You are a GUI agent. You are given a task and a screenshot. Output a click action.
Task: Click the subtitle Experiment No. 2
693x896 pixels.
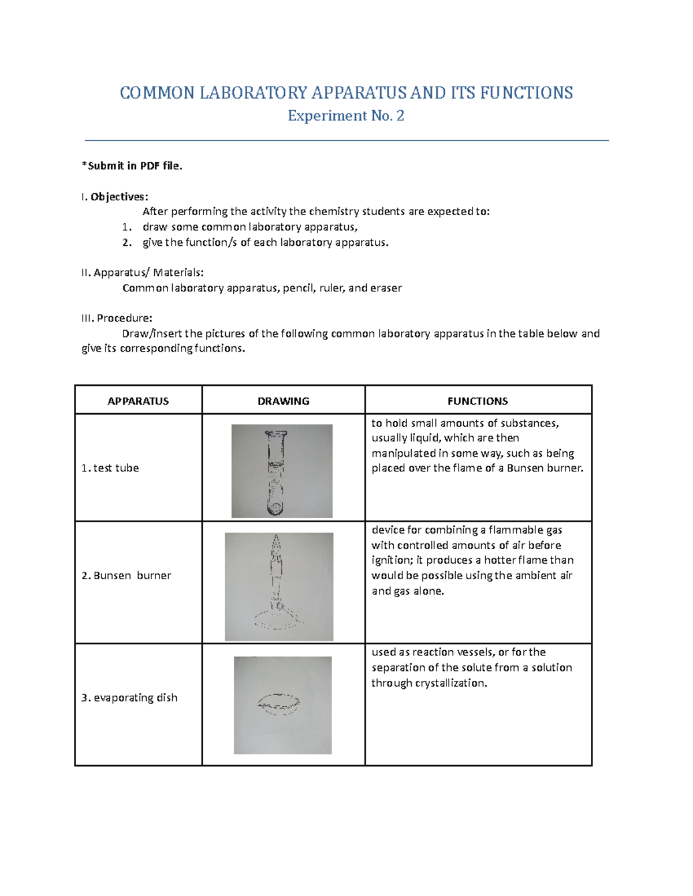[346, 116]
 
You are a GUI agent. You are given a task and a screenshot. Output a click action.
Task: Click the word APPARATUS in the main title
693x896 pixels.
[360, 93]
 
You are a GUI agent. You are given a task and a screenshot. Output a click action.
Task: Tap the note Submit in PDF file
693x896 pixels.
[132, 166]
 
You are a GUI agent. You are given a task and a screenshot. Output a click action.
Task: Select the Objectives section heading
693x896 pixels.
[115, 197]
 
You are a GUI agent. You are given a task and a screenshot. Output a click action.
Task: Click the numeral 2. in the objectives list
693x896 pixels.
[127, 242]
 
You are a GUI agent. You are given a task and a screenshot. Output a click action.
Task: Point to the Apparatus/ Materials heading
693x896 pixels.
[143, 272]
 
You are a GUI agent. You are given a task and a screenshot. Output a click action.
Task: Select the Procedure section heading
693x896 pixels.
[117, 318]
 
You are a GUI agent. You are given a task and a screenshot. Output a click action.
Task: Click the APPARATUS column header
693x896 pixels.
[138, 401]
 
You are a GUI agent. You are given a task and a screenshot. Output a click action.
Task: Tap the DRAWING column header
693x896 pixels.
[283, 401]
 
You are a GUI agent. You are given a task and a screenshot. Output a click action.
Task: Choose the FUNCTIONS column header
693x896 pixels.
[478, 401]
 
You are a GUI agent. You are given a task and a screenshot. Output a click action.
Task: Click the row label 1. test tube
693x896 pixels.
[110, 468]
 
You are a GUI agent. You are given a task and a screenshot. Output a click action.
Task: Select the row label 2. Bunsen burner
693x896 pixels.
[126, 575]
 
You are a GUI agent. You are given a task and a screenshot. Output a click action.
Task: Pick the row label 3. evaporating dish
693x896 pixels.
[129, 698]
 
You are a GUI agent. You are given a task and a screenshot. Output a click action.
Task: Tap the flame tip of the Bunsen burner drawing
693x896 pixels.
[276, 542]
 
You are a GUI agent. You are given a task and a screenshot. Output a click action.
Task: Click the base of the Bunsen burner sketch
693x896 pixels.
[278, 622]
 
